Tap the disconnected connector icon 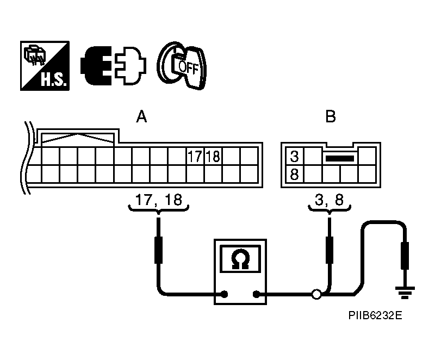[114, 65]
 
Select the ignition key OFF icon [182, 65]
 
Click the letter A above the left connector [141, 117]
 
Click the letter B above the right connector [330, 117]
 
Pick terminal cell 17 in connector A [195, 157]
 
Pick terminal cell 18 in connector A [213, 157]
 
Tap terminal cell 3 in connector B [294, 157]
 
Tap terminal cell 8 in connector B [294, 175]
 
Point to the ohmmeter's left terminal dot [223, 295]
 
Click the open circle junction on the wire [316, 295]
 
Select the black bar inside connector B [339, 158]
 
